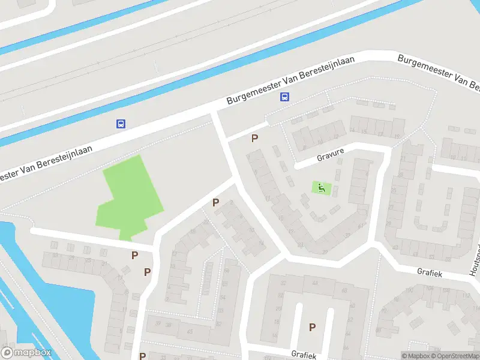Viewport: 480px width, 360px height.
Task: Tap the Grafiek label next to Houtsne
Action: tap(430, 272)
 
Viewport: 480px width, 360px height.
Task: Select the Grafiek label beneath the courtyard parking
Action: tap(304, 355)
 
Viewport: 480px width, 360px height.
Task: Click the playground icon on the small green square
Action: tap(322, 188)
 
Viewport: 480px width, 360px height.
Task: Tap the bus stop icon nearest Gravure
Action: tap(285, 97)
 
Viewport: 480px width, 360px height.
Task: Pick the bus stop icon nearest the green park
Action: tap(121, 124)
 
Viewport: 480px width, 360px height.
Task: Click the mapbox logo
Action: tap(26, 353)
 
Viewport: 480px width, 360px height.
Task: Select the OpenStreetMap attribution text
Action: tap(457, 356)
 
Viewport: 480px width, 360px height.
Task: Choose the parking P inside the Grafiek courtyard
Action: tap(312, 327)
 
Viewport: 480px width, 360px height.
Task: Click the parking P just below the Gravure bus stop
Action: tap(255, 139)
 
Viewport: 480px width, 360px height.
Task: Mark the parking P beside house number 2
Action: tap(215, 203)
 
